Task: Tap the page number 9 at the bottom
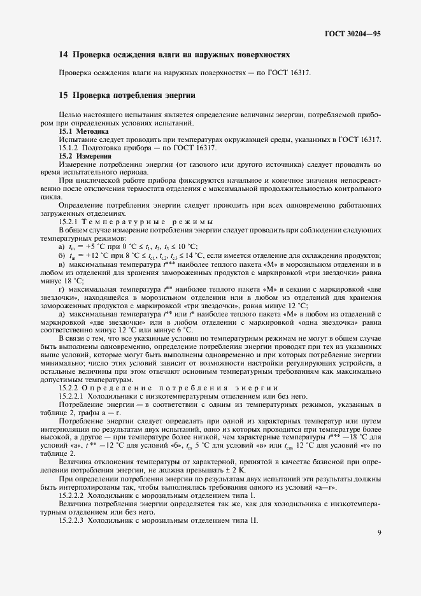[x=378, y=551]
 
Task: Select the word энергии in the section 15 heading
[x=177, y=96]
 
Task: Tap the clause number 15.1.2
[x=70, y=148]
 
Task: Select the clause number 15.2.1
[x=70, y=221]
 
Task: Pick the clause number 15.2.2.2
[x=73, y=495]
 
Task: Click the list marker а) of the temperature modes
[x=62, y=246]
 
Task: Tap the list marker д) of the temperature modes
[x=62, y=313]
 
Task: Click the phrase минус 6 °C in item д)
[x=168, y=330]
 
